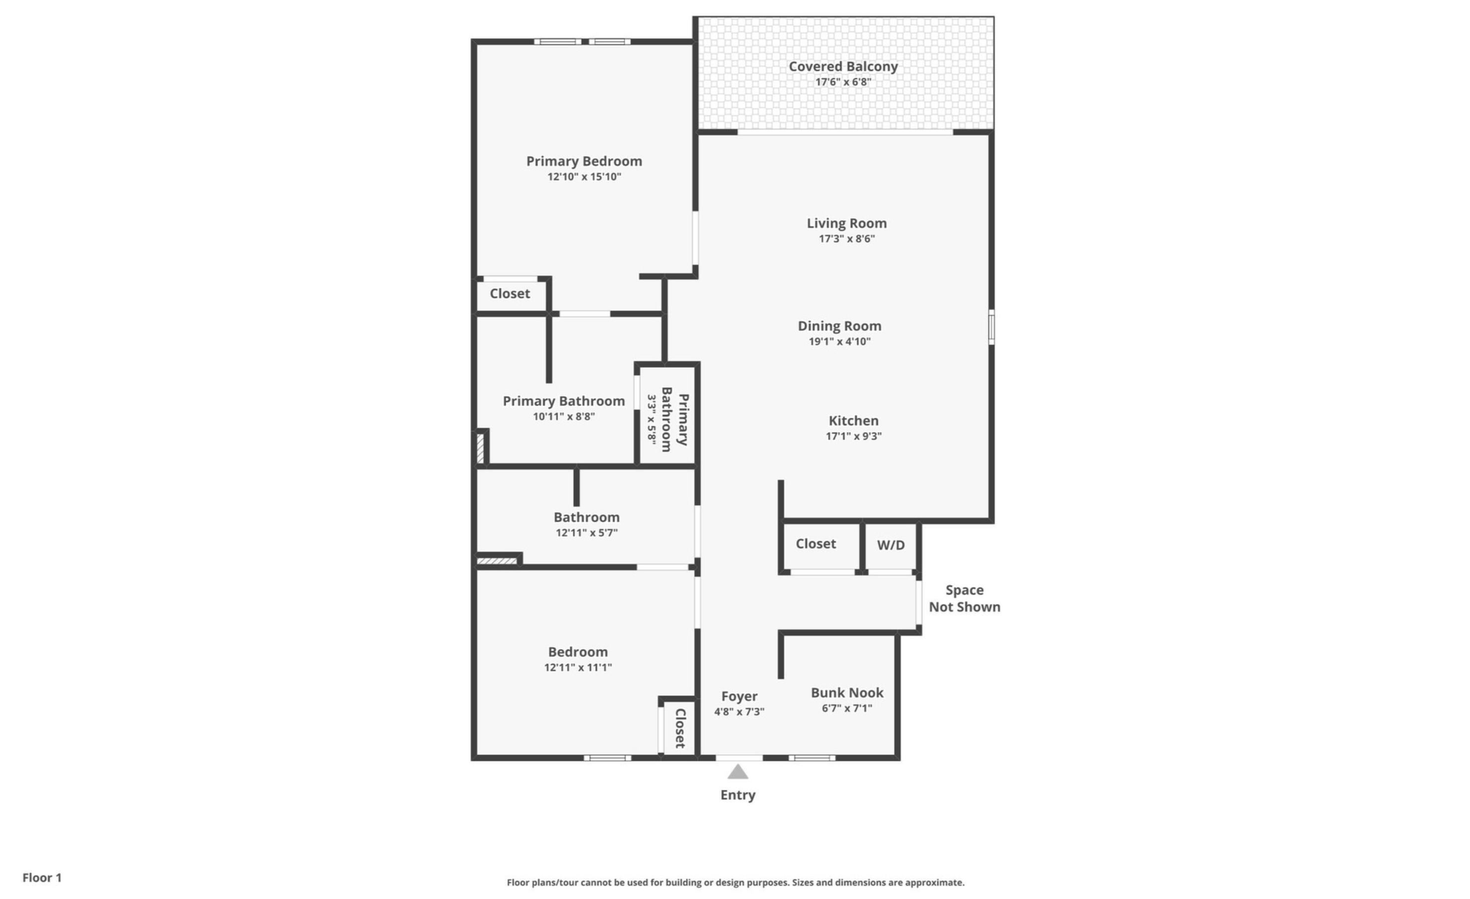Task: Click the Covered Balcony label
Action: tap(842, 66)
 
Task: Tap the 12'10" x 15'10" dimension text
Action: tap(584, 177)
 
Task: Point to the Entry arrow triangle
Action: tap(737, 772)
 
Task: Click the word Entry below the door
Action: tap(737, 795)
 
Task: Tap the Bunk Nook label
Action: tap(847, 692)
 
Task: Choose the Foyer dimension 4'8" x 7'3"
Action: tap(738, 711)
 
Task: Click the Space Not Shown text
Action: tap(963, 599)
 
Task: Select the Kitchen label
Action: tap(853, 421)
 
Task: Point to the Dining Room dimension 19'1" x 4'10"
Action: tap(839, 341)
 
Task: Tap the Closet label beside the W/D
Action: tap(815, 543)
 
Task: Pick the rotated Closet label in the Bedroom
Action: tap(679, 728)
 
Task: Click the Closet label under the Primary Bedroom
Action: tap(510, 294)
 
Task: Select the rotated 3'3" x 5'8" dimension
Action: tap(652, 419)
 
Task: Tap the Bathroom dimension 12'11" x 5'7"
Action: tap(587, 533)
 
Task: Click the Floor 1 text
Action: tap(42, 877)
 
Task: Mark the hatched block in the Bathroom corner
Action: tap(496, 561)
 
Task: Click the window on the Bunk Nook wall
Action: tap(811, 757)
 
